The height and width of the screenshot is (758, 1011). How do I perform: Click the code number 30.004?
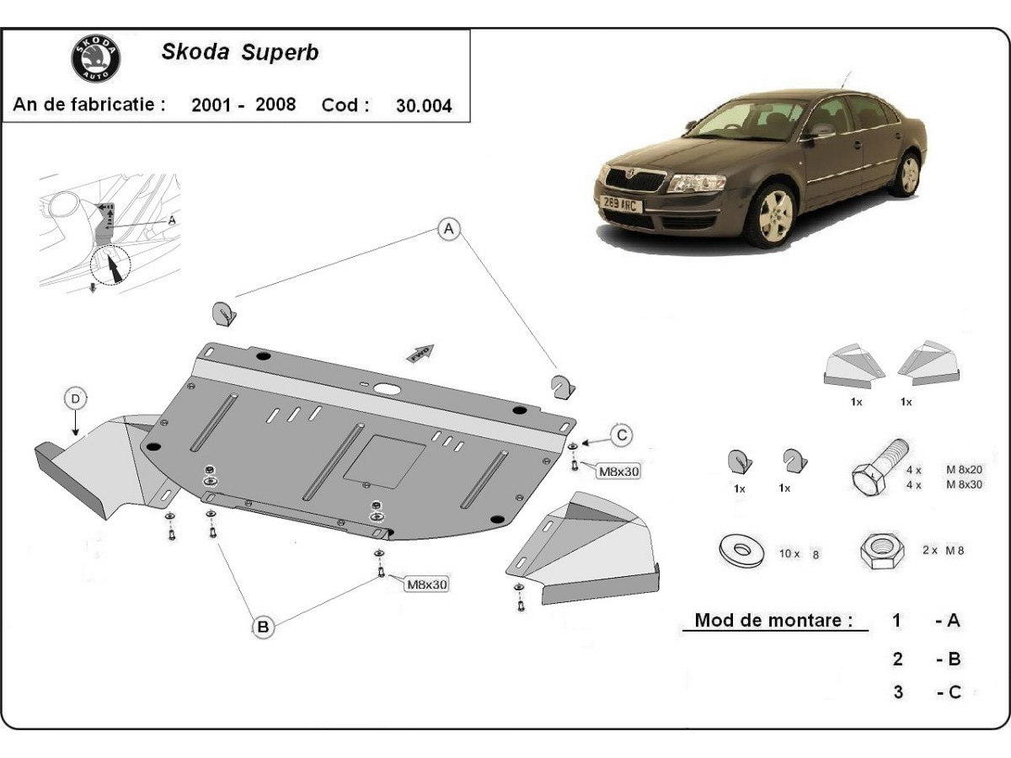[423, 105]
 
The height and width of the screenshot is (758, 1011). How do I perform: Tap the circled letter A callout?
[449, 228]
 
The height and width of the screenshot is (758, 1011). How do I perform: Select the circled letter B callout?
[263, 626]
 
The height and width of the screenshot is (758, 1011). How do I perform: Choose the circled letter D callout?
[76, 398]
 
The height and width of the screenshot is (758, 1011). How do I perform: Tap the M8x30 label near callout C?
[618, 472]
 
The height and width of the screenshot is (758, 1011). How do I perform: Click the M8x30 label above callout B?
[427, 584]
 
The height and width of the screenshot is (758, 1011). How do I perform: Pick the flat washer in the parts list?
[742, 550]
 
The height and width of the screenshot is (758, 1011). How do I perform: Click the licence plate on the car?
[622, 203]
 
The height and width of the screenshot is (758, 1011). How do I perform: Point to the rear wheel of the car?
[908, 173]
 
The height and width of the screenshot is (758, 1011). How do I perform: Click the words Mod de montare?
[768, 621]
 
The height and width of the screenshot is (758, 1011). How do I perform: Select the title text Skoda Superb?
[239, 52]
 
